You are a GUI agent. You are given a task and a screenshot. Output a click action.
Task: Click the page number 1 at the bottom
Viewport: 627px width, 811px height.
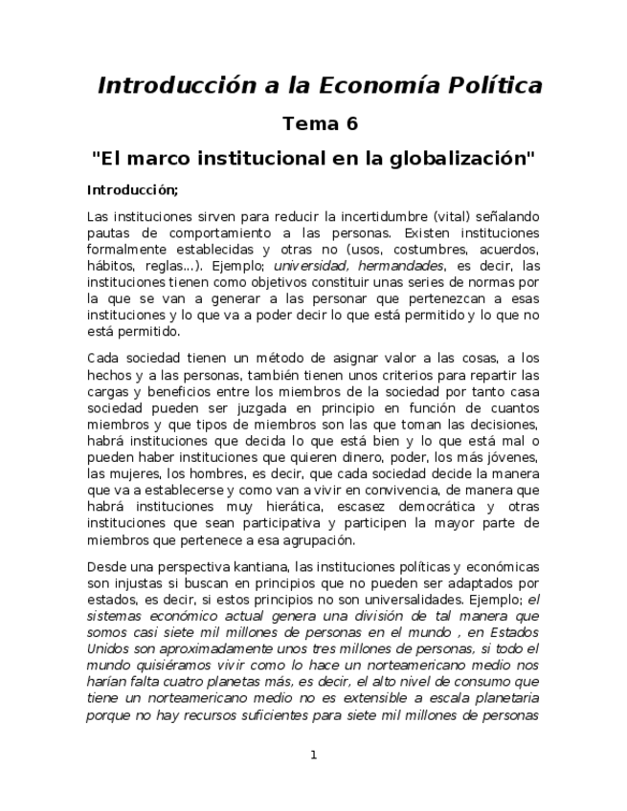click(313, 755)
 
